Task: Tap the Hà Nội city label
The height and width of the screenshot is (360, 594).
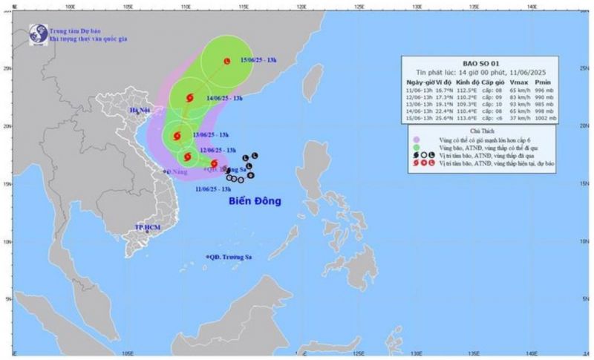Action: (x=140, y=111)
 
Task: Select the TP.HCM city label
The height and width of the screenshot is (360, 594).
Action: (x=148, y=226)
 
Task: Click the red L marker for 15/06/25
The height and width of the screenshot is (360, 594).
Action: (x=226, y=61)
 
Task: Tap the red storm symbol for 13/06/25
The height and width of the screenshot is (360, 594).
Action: (x=177, y=135)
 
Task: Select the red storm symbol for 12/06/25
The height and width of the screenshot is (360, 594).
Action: (x=187, y=156)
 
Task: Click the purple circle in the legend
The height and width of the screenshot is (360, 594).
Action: (x=417, y=140)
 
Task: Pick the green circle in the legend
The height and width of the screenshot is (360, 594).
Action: (x=417, y=147)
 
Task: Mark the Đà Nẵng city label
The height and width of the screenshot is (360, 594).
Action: (x=180, y=171)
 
